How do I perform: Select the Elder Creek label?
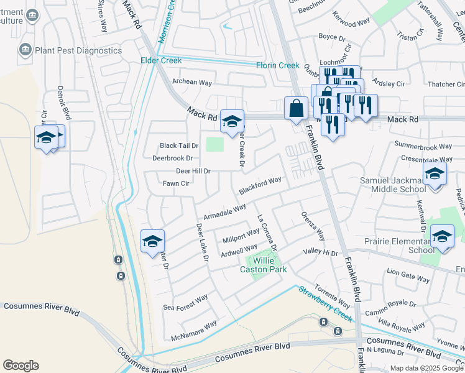(161, 60)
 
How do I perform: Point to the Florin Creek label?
(278, 65)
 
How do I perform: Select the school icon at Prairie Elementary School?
(442, 237)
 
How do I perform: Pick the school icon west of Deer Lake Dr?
(152, 242)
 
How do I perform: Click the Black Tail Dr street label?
(178, 145)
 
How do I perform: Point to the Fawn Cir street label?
(175, 183)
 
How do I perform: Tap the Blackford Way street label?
(260, 184)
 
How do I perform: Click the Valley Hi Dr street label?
(320, 253)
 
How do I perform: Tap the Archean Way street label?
(192, 82)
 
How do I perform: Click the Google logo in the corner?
(21, 366)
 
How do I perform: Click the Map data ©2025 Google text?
(426, 368)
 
